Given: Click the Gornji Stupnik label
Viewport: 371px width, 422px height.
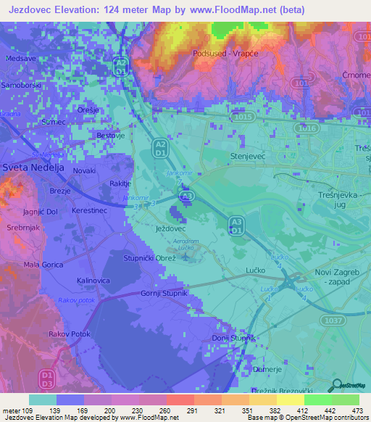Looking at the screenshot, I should click(164, 292).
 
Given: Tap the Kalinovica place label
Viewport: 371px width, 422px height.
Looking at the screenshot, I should click(93, 279).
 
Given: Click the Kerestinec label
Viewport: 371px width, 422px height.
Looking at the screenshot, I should click(91, 210).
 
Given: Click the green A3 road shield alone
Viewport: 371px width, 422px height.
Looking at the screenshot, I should click(187, 196).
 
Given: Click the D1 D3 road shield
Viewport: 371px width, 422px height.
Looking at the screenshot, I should click(47, 378).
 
